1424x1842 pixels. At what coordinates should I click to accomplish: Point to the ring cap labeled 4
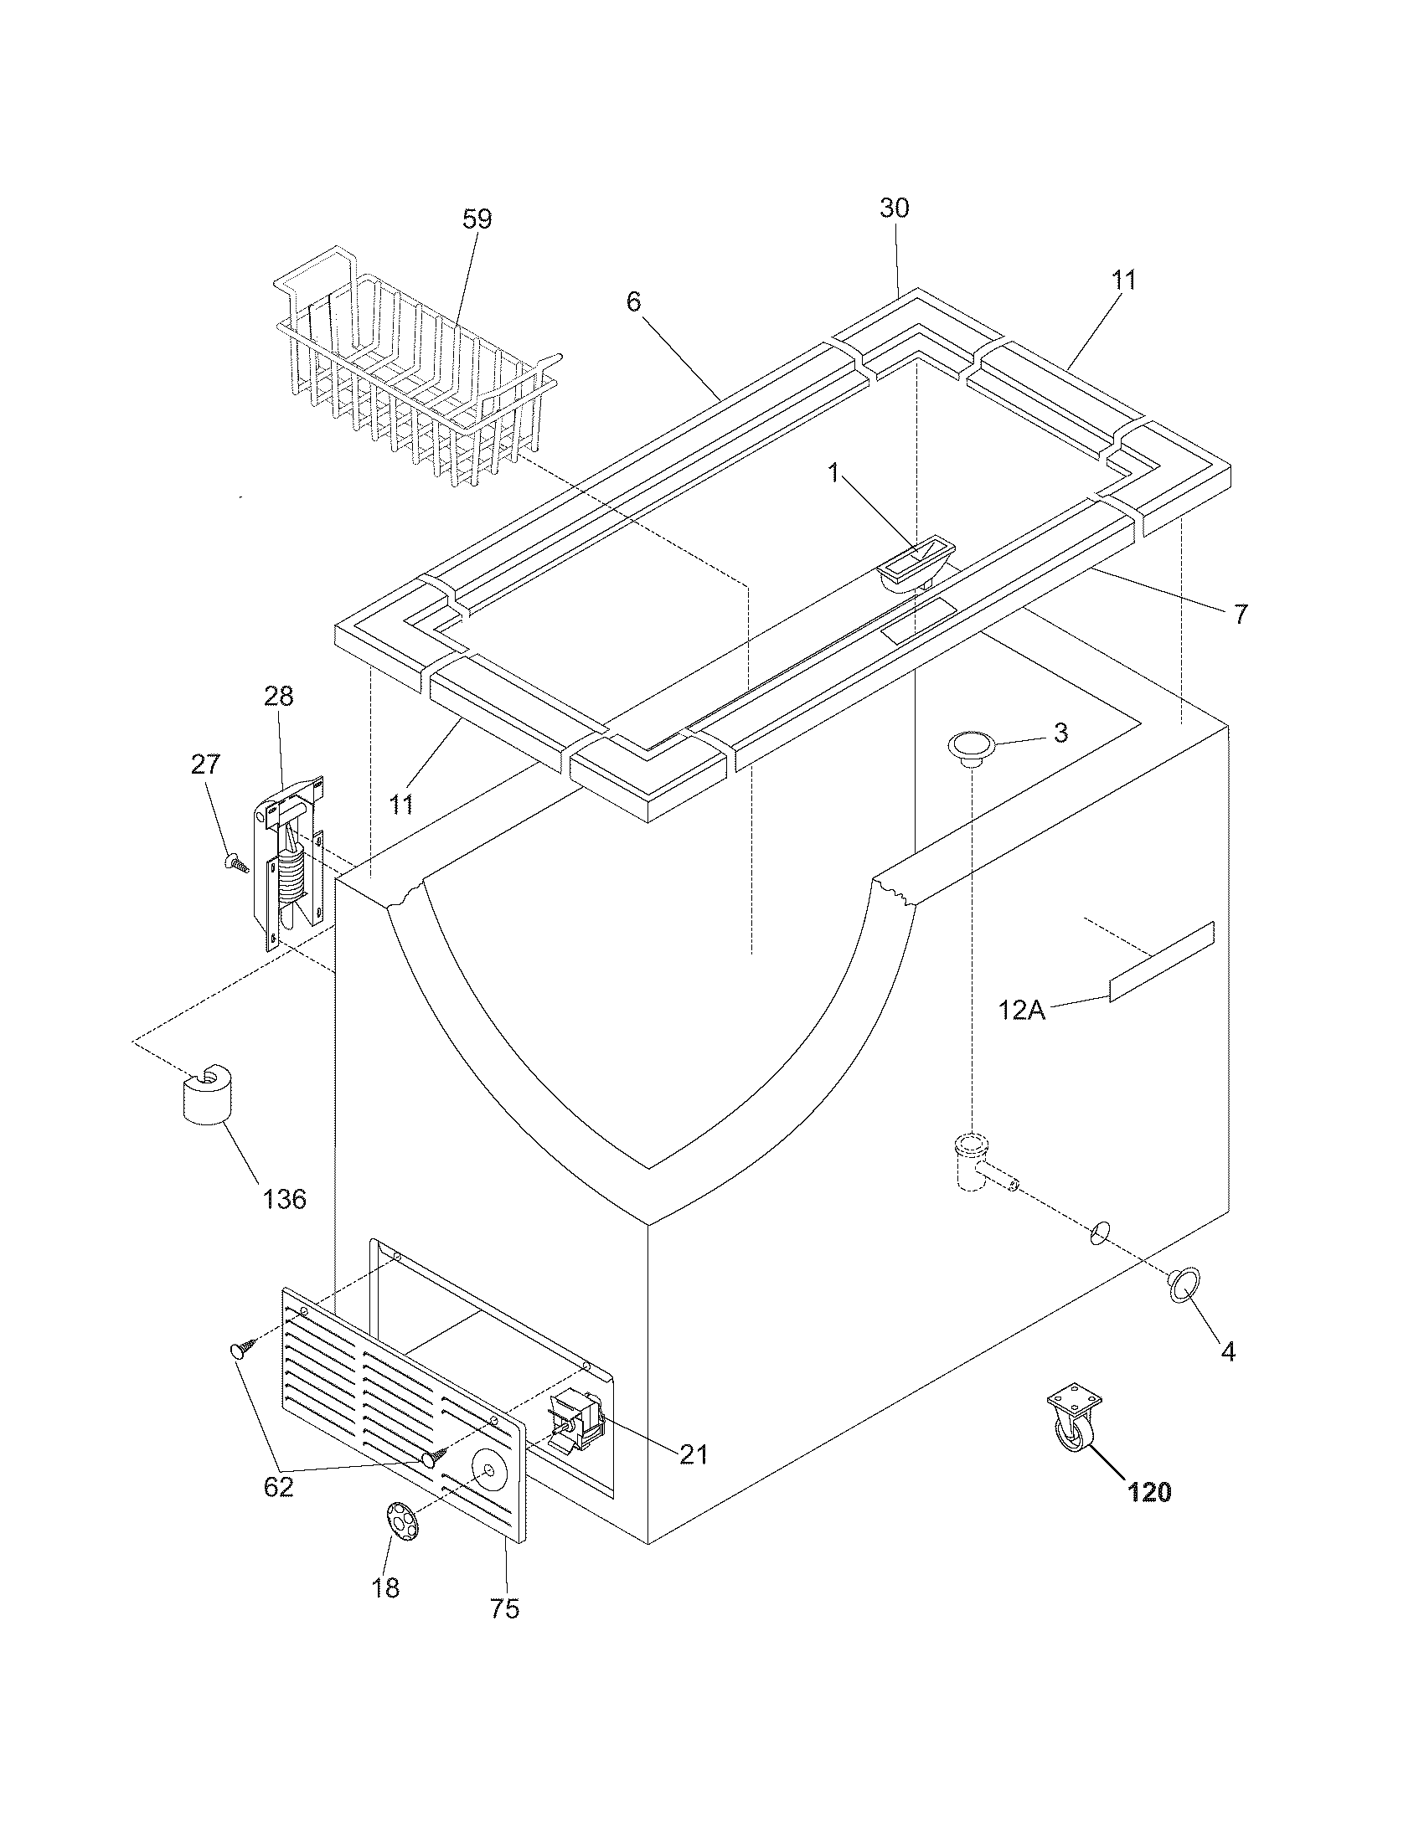point(1184,1287)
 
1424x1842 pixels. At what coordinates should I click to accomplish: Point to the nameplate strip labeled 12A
point(1162,961)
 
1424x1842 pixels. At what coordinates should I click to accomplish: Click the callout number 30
point(895,208)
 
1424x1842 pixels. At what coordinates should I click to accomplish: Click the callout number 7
point(1239,614)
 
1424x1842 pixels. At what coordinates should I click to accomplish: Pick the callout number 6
point(633,301)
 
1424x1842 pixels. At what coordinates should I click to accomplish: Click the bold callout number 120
point(1149,1492)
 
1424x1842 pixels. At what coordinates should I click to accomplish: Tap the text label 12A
point(1022,1010)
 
